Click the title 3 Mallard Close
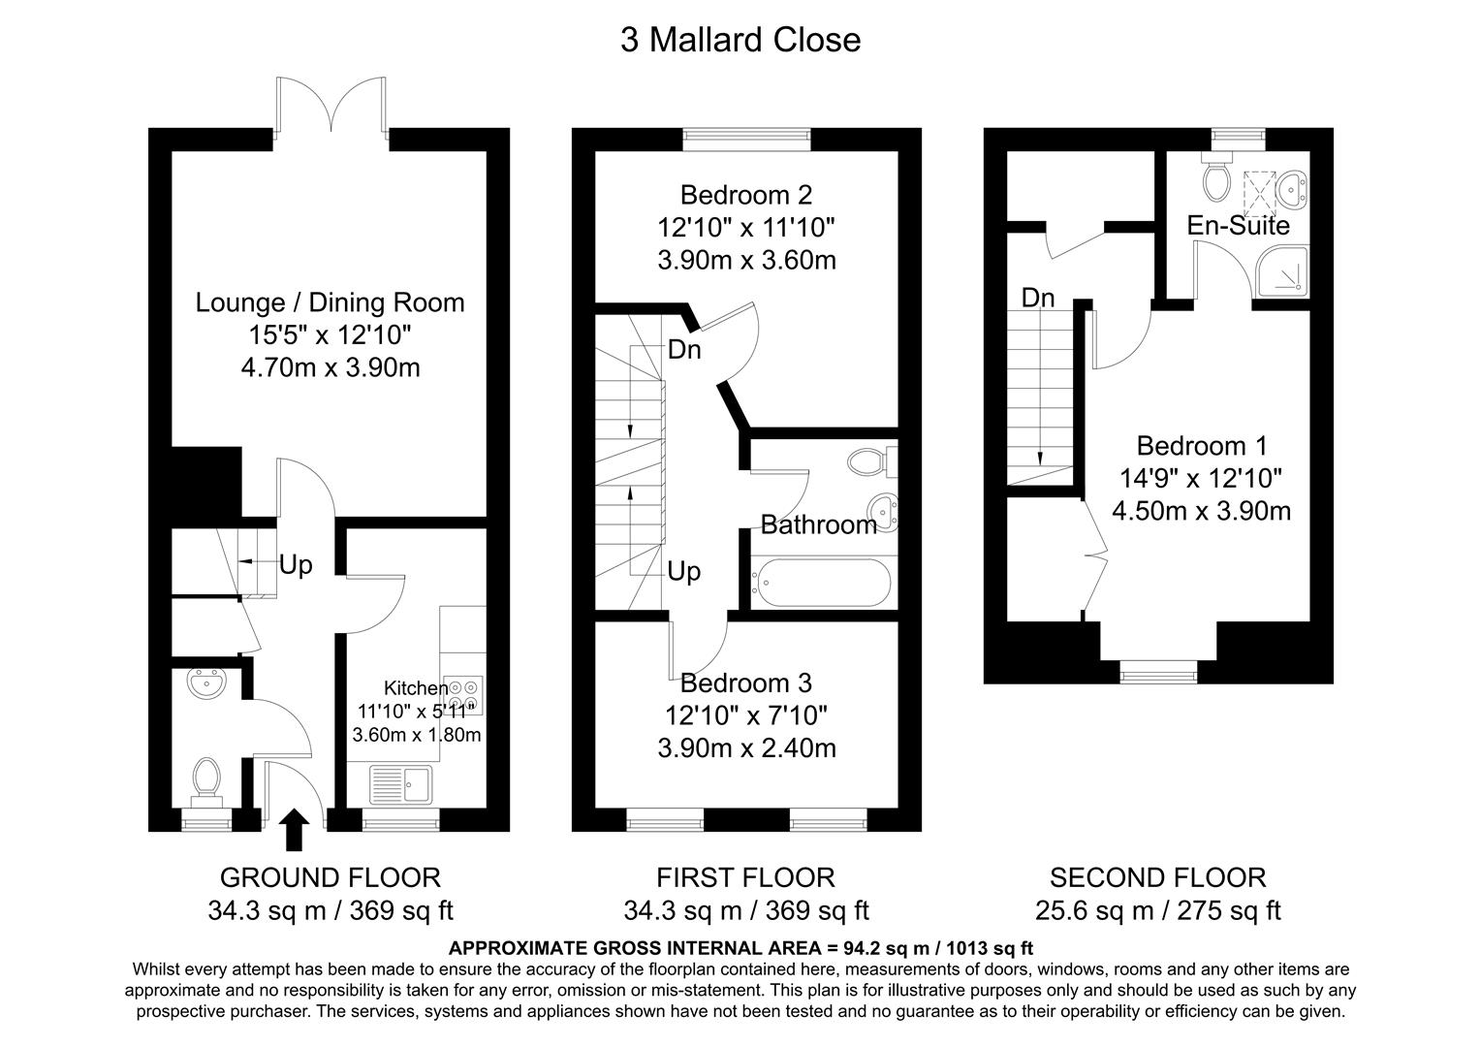click(x=740, y=40)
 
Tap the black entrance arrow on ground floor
click(x=295, y=831)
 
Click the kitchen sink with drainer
click(x=403, y=783)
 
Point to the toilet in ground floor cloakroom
click(x=205, y=780)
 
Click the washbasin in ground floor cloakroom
click(x=207, y=682)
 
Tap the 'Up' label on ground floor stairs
click(x=296, y=564)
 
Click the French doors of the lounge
click(x=332, y=106)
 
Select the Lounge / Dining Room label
click(x=330, y=302)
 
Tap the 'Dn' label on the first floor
click(x=684, y=349)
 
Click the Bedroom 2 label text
click(x=745, y=195)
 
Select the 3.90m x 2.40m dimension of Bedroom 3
click(x=745, y=748)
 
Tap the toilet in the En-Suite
click(x=1214, y=177)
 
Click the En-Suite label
click(x=1238, y=226)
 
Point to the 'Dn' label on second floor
click(x=1038, y=298)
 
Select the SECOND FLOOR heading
click(x=1157, y=877)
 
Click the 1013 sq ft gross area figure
click(x=987, y=948)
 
